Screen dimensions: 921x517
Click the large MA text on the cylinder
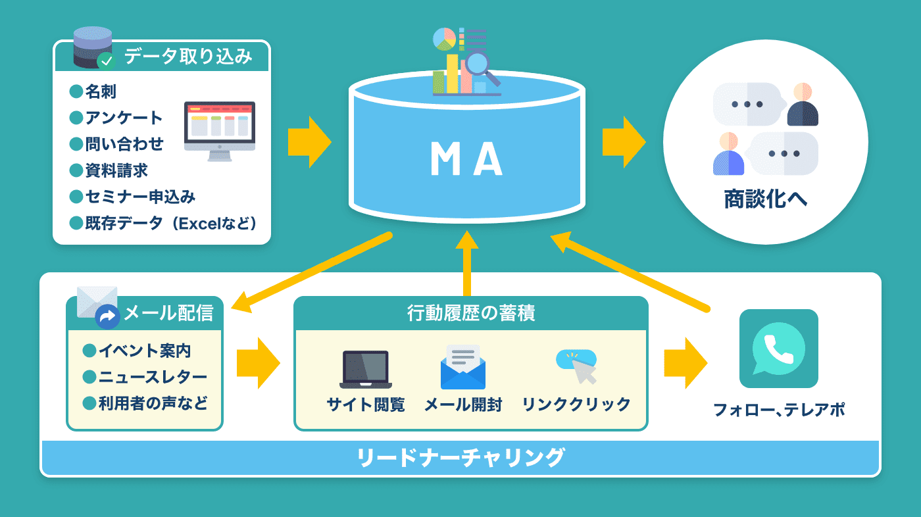click(466, 159)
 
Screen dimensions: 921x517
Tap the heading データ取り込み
click(188, 57)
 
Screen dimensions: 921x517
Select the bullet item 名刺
click(101, 91)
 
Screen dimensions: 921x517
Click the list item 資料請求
click(116, 170)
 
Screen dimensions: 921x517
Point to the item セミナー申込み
click(140, 197)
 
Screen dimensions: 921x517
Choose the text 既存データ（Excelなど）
click(170, 223)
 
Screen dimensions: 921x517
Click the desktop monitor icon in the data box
click(220, 131)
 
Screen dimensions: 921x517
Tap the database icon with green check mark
click(94, 47)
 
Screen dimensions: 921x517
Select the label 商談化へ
click(765, 199)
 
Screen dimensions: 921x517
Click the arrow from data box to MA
click(310, 142)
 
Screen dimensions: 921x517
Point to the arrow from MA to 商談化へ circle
click(624, 142)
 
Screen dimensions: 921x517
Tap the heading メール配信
click(168, 312)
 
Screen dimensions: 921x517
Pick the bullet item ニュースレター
click(153, 377)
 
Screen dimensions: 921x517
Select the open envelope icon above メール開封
click(463, 367)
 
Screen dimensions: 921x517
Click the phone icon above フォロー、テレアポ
click(779, 349)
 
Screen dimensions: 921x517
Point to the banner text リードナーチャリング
click(460, 457)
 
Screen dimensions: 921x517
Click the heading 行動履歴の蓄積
click(471, 312)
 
